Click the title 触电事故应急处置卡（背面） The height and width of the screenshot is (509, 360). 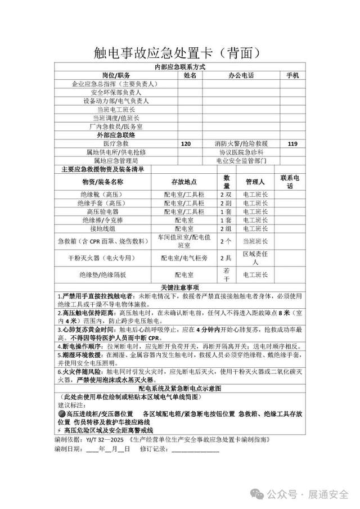coord(179,53)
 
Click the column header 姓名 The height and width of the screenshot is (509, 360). coord(190,75)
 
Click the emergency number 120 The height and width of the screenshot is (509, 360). coord(186,144)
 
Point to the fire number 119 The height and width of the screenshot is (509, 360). coord(292,144)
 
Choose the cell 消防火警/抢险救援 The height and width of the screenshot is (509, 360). coord(241,144)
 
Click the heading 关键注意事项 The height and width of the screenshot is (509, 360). coord(179,287)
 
